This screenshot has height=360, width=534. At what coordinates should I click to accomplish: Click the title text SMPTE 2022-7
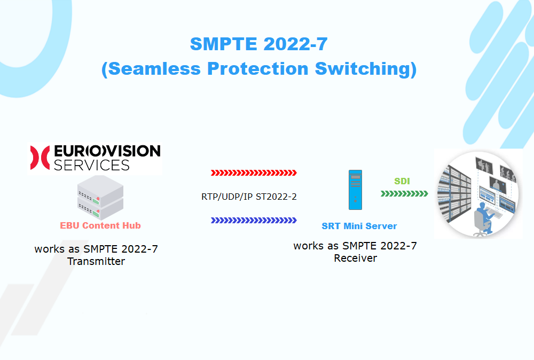click(x=259, y=44)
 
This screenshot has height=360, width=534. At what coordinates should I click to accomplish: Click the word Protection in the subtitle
click(x=258, y=68)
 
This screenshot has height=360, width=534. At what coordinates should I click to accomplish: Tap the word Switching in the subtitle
click(x=363, y=69)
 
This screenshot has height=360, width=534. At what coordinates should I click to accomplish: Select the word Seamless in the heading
click(x=154, y=68)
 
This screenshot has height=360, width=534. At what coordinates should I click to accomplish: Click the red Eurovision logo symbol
click(x=40, y=158)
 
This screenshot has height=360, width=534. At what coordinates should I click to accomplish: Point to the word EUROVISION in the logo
click(x=107, y=151)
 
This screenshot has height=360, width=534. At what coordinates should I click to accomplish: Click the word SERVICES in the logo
click(x=92, y=165)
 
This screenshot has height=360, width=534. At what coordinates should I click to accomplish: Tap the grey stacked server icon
click(x=100, y=197)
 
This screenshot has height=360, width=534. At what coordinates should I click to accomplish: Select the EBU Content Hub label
click(x=100, y=225)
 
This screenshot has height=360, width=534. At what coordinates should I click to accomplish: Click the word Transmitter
click(x=96, y=261)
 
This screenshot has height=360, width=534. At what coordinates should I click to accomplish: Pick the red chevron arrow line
click(x=254, y=173)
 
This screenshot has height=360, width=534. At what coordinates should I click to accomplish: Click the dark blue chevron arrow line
click(x=254, y=221)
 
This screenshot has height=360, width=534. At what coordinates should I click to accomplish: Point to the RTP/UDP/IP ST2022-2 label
click(x=249, y=197)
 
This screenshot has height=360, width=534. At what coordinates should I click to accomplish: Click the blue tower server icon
click(x=355, y=190)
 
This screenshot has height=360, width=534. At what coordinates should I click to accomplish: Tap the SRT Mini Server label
click(x=359, y=226)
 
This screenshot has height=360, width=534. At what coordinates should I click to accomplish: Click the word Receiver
click(x=355, y=258)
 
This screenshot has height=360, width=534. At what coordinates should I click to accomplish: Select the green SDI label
click(x=402, y=181)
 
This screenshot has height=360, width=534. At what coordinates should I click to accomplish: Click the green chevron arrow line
click(x=404, y=194)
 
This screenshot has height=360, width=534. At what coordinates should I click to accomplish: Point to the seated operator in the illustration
click(x=484, y=219)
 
